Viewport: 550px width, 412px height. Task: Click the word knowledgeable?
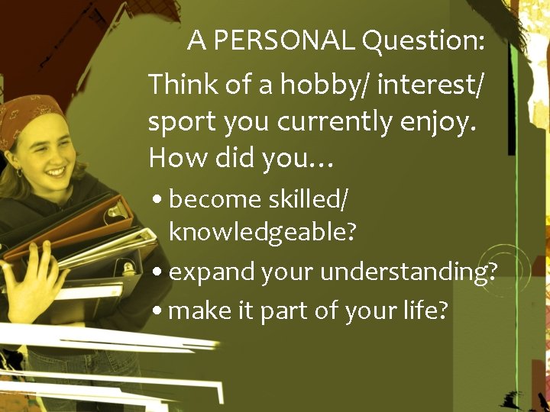[262, 231]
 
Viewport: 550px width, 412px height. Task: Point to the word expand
[205, 272]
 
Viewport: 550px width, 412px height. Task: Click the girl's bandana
[31, 114]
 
